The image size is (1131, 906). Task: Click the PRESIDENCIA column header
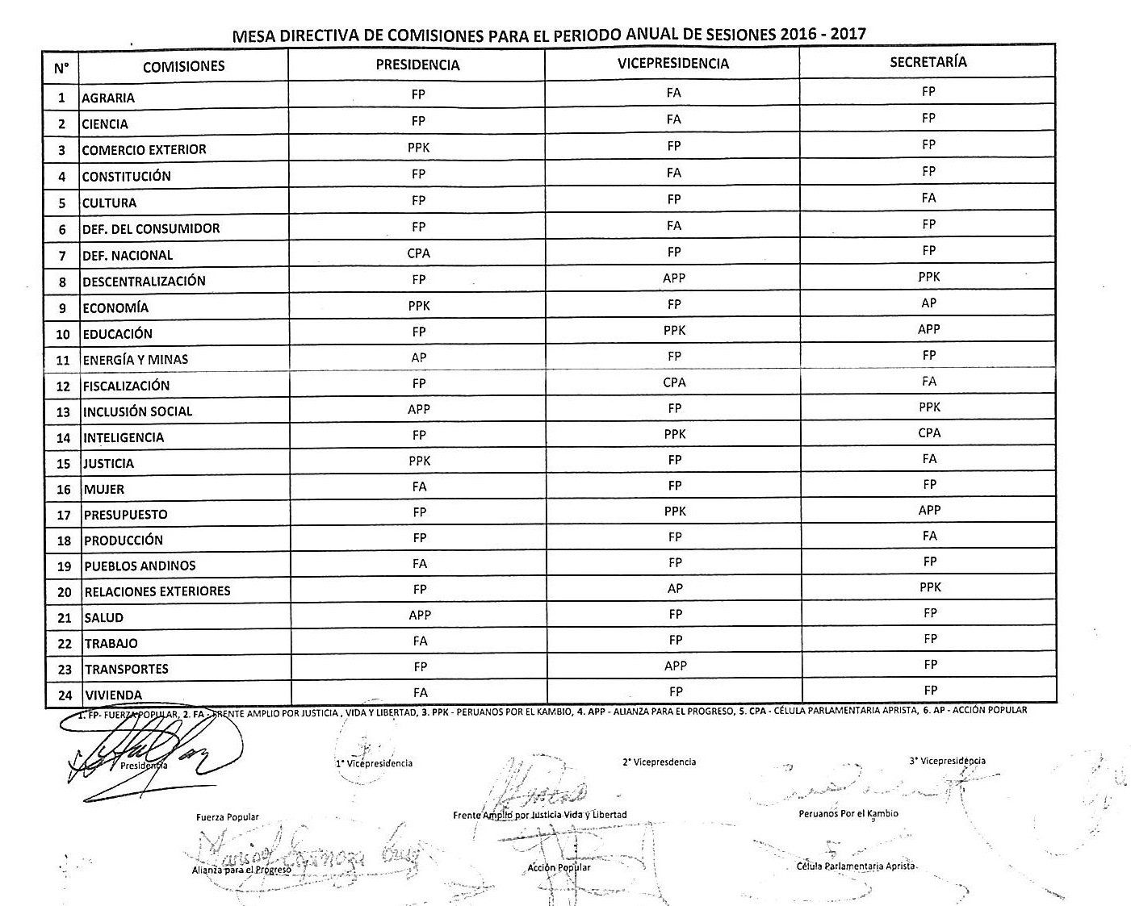(x=417, y=65)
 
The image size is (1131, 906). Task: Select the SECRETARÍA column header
(x=928, y=62)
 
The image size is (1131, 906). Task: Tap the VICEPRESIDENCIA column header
(x=672, y=64)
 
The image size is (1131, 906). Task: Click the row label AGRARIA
(x=108, y=98)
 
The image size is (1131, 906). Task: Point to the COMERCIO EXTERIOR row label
(x=144, y=150)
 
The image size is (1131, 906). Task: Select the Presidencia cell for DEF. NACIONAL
(x=418, y=253)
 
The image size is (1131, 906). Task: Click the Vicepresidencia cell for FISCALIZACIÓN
(x=674, y=382)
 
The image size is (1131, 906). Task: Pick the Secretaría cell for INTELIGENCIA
(x=929, y=433)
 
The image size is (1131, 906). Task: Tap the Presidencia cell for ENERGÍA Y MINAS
(x=418, y=357)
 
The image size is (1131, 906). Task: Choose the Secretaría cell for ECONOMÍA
(x=928, y=303)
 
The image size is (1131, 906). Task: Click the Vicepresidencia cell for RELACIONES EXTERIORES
(x=675, y=589)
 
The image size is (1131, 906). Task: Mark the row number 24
(x=65, y=695)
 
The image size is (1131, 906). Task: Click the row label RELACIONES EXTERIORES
(x=157, y=591)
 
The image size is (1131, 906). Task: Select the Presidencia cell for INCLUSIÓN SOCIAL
(x=419, y=409)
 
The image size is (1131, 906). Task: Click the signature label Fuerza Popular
(x=228, y=817)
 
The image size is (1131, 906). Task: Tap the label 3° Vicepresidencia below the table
(x=947, y=761)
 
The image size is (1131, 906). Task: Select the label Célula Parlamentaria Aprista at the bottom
(x=856, y=866)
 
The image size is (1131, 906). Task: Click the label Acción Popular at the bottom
(x=559, y=867)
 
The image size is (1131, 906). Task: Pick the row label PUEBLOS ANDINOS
(x=140, y=566)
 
